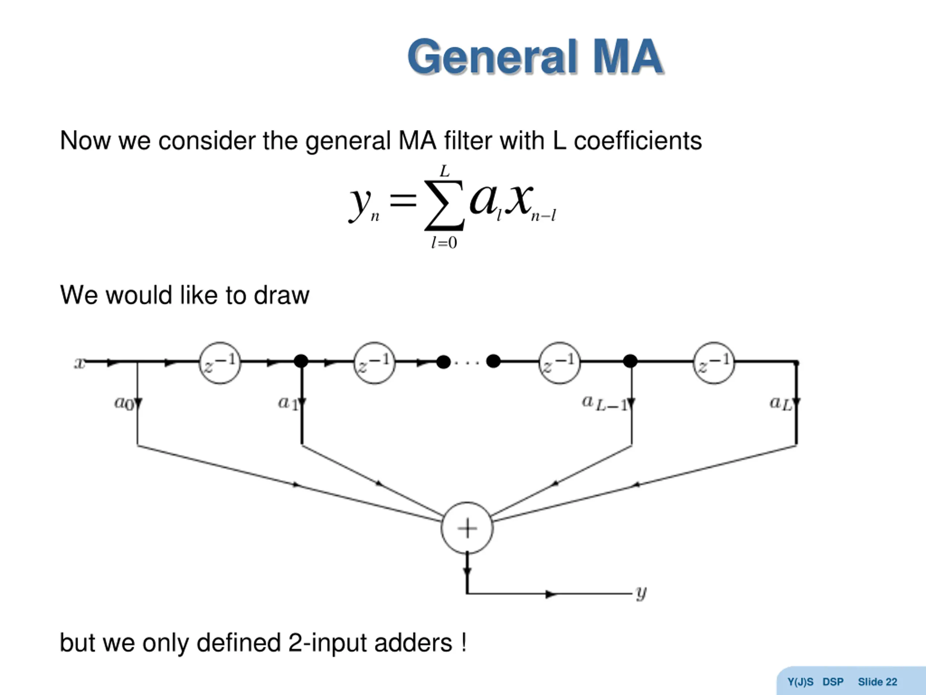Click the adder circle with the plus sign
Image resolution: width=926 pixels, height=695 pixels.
tap(467, 528)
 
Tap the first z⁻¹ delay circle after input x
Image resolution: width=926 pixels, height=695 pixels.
tap(220, 363)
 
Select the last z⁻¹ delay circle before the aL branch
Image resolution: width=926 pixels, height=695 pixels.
tap(714, 363)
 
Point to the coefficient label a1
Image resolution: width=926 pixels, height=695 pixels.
tap(288, 403)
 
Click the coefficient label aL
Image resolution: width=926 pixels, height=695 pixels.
tap(781, 403)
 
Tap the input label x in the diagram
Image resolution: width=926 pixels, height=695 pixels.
tap(79, 363)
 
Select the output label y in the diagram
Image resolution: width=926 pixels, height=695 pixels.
tap(641, 593)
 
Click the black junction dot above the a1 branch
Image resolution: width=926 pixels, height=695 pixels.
tap(301, 361)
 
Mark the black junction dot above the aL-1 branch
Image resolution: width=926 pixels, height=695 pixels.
tap(630, 361)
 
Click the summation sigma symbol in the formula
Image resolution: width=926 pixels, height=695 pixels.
tap(444, 205)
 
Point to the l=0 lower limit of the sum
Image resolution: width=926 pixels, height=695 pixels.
tap(444, 243)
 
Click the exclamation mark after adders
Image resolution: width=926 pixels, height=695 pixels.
tap(464, 642)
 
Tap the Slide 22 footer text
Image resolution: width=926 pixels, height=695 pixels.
tap(878, 682)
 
